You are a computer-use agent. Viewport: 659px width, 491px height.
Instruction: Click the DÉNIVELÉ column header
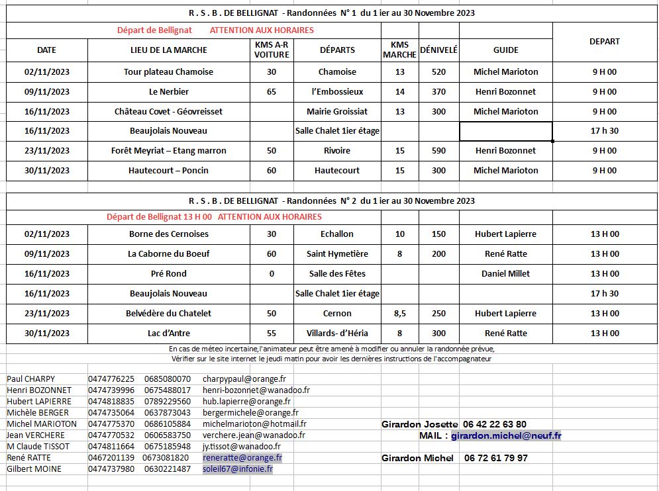click(438, 50)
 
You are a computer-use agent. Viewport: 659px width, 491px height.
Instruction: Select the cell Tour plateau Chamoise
click(168, 71)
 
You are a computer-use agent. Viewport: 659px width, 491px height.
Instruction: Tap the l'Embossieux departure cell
click(337, 91)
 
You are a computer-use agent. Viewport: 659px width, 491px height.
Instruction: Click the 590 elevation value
click(438, 150)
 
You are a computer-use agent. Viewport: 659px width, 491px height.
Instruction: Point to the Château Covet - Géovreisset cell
click(168, 111)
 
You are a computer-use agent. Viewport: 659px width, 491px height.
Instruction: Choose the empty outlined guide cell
click(505, 131)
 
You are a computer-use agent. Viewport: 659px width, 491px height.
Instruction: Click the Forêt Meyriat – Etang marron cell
click(168, 150)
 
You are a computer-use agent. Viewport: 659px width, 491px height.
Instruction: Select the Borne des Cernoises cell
click(168, 234)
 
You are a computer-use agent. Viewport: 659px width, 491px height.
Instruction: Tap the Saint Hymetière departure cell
click(337, 253)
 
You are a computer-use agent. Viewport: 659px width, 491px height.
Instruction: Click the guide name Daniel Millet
click(505, 273)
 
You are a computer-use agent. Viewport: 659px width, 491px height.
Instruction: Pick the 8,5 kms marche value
click(399, 313)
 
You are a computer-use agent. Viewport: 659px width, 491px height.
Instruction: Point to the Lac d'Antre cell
click(168, 333)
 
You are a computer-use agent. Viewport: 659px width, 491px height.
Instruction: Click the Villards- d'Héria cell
click(337, 333)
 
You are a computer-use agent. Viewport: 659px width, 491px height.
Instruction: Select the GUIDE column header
click(505, 50)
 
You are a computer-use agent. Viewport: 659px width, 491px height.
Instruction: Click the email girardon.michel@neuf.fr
click(506, 435)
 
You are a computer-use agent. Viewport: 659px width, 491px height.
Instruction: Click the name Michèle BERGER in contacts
click(37, 412)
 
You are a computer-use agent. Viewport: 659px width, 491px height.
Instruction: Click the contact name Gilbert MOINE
click(34, 469)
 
